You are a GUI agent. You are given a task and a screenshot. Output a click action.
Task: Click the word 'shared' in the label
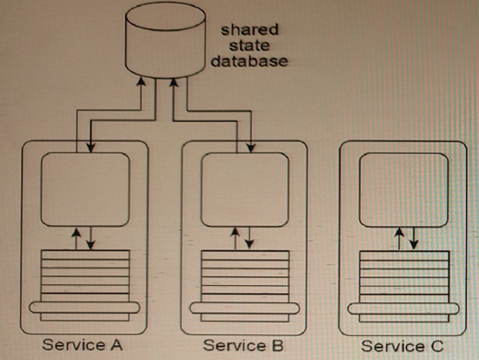[x=249, y=30]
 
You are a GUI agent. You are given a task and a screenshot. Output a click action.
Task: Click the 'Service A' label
[x=83, y=345]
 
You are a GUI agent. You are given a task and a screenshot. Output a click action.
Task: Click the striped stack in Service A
[x=85, y=275]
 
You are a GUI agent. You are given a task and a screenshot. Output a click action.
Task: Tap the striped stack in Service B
[x=243, y=275]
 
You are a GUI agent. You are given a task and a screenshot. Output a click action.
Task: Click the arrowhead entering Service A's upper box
[x=91, y=149]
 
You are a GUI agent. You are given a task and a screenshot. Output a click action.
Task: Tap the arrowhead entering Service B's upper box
[x=251, y=149]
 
